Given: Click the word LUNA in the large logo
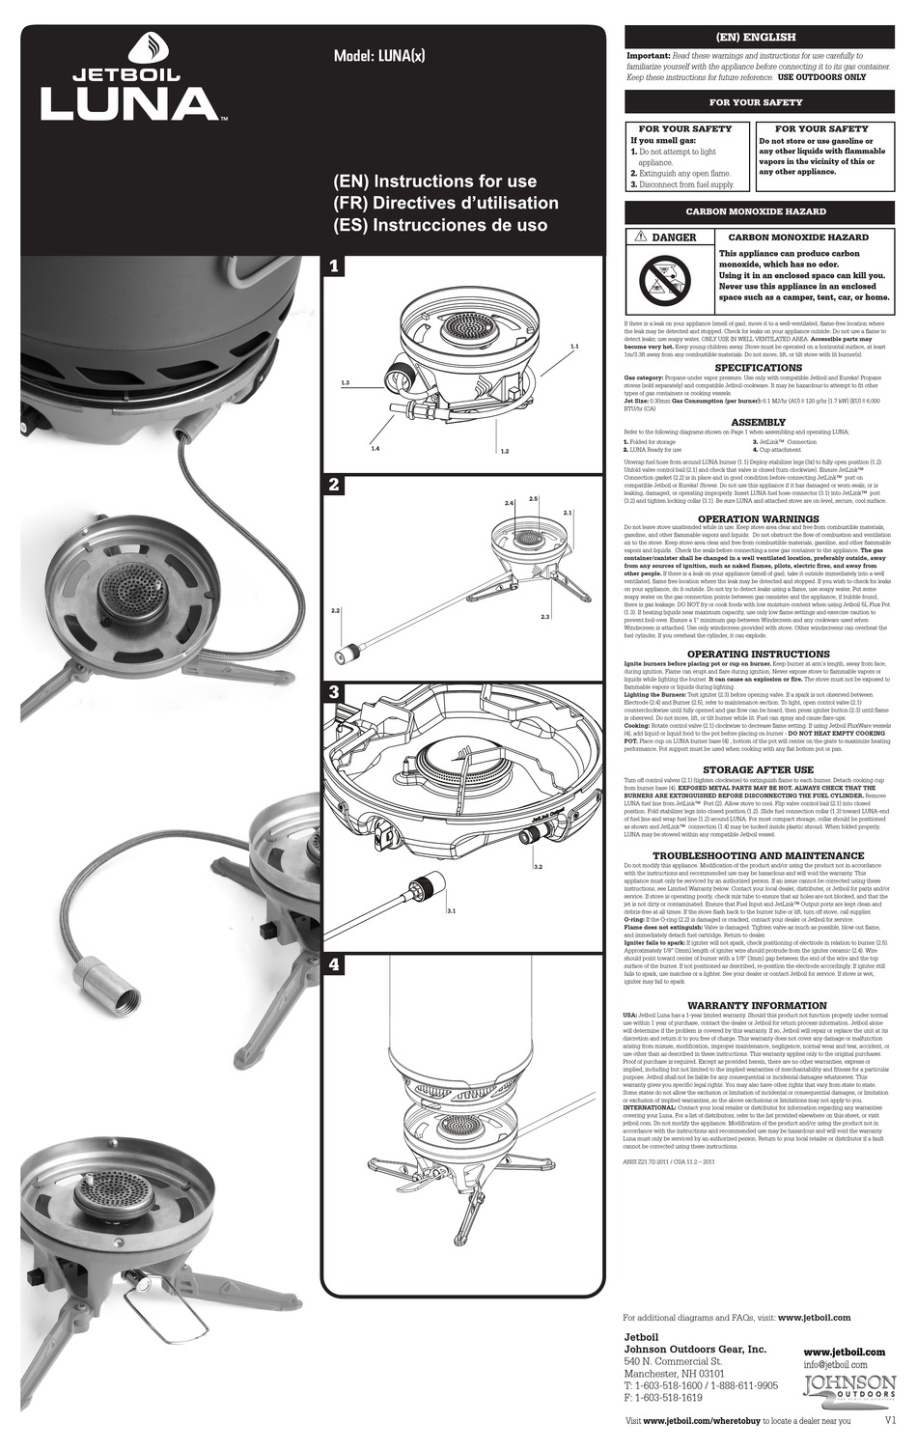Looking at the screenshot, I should click(129, 103).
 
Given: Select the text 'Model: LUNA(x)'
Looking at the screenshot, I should click(378, 55).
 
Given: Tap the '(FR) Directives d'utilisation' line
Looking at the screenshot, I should click(445, 203).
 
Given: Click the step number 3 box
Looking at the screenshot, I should click(334, 692).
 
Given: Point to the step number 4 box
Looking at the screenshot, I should click(334, 964).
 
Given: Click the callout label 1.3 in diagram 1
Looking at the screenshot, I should click(345, 384).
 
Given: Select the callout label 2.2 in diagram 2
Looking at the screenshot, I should click(336, 611).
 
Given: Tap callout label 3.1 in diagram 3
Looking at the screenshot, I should click(451, 910).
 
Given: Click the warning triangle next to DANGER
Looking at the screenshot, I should click(640, 237).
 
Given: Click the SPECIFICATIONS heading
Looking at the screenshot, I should click(758, 368).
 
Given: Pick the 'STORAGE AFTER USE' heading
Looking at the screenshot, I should click(758, 769).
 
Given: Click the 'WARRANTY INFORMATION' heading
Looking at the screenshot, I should click(758, 1005).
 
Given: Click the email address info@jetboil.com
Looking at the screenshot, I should click(835, 1365).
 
